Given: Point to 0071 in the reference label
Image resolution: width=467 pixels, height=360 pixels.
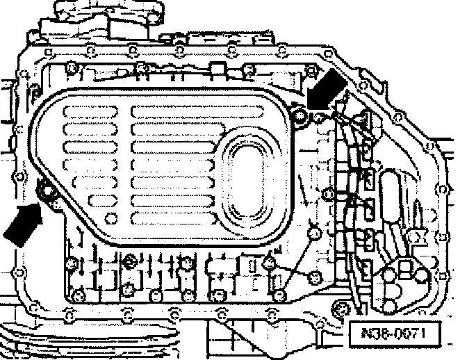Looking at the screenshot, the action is click(x=407, y=333).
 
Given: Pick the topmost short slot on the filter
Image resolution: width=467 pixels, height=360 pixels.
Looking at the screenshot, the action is click(x=88, y=112).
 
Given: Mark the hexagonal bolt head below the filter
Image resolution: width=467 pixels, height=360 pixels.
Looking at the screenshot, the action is click(x=129, y=263).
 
